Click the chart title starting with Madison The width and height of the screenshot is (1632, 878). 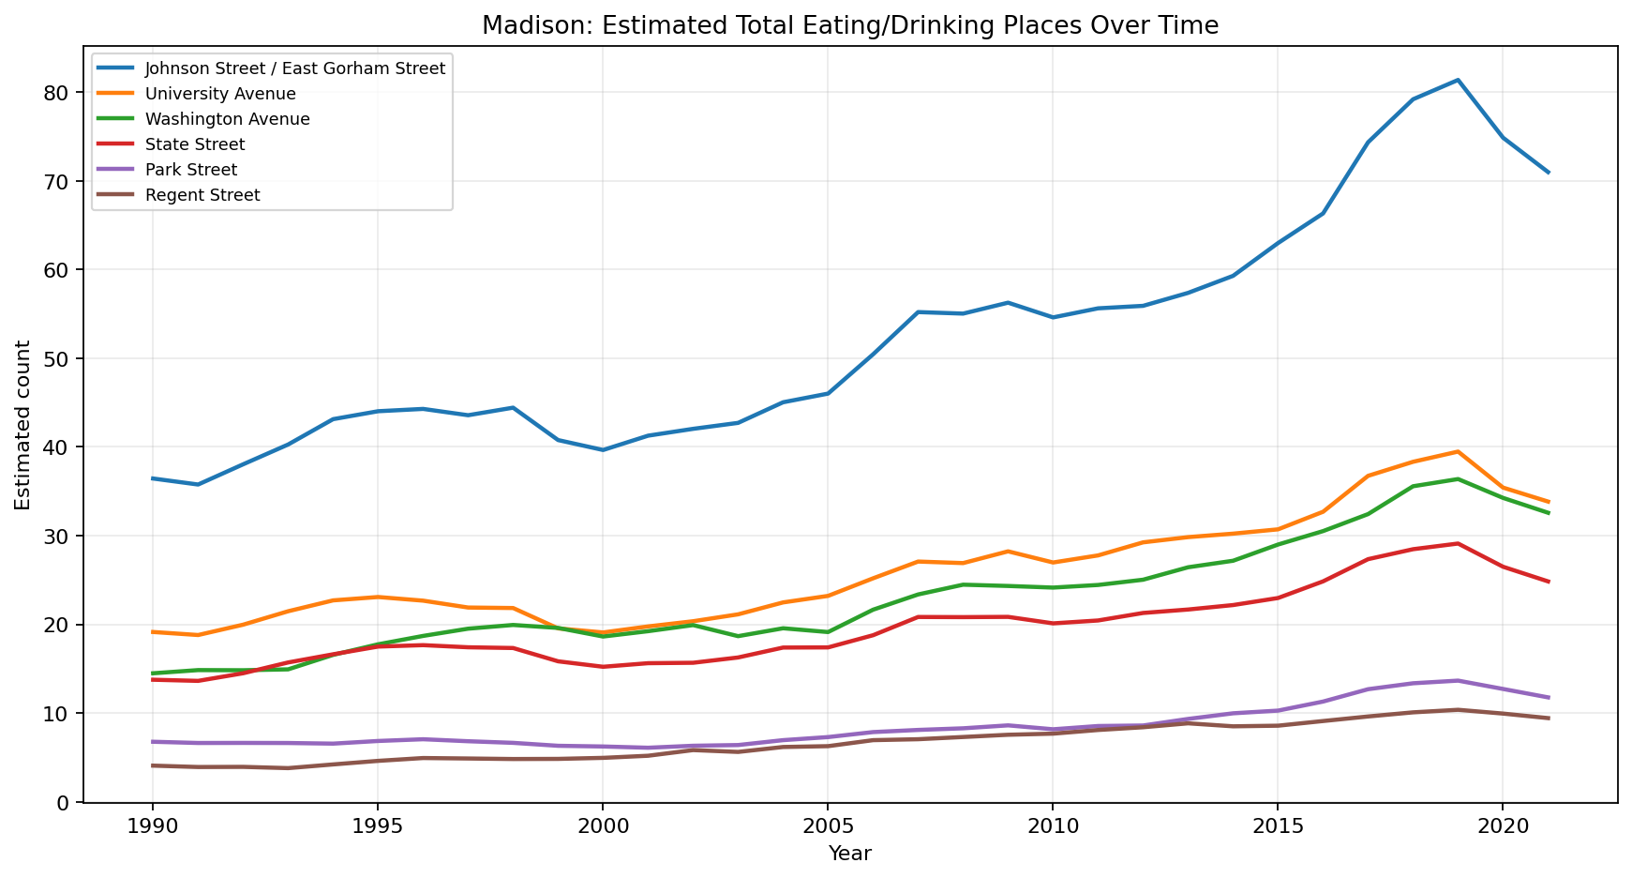[849, 25]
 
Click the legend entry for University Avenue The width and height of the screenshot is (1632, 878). [220, 94]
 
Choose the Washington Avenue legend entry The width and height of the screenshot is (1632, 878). [228, 119]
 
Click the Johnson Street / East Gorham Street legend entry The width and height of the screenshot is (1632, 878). [295, 68]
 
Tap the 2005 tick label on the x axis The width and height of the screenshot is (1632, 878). [827, 825]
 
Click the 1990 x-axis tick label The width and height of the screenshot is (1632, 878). [152, 825]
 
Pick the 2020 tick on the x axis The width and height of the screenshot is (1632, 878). [1502, 825]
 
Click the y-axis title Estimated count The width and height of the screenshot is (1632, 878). [23, 425]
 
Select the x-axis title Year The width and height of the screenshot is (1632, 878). [849, 854]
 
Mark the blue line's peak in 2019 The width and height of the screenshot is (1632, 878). [1458, 80]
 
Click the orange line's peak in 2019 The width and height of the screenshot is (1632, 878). [1458, 451]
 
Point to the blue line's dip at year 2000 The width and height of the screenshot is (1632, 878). [603, 450]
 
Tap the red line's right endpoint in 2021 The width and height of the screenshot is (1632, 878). [1548, 582]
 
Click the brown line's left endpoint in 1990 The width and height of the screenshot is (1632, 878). [152, 765]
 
